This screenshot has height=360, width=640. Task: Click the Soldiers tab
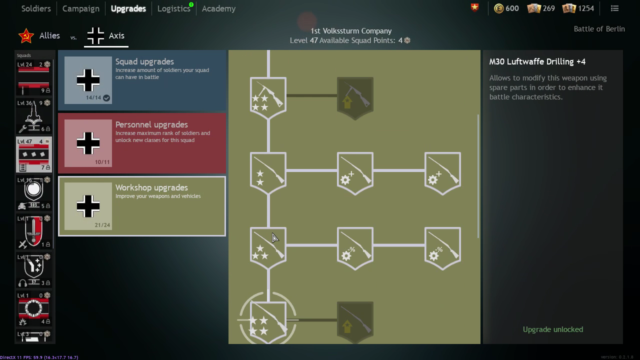[x=36, y=8]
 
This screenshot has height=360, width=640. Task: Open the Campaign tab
[x=80, y=8]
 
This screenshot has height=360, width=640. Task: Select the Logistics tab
[x=173, y=8]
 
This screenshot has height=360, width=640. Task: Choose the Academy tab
[x=218, y=8]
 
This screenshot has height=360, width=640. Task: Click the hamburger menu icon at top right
[x=614, y=8]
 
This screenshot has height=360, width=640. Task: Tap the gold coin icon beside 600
[x=498, y=8]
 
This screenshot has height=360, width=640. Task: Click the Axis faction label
[x=116, y=36]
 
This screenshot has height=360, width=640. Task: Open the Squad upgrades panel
[x=142, y=80]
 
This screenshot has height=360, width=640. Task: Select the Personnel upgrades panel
[x=142, y=143]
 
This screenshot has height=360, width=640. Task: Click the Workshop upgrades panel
[x=142, y=206]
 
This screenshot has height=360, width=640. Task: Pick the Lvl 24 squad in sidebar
[x=33, y=77]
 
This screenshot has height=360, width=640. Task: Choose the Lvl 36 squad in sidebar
[x=33, y=116]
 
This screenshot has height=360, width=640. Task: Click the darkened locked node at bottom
[x=355, y=322]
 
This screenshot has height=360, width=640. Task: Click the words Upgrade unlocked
[x=552, y=329]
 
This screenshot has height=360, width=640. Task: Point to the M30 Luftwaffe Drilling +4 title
[x=537, y=61]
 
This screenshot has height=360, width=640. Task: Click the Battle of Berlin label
[x=599, y=29]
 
